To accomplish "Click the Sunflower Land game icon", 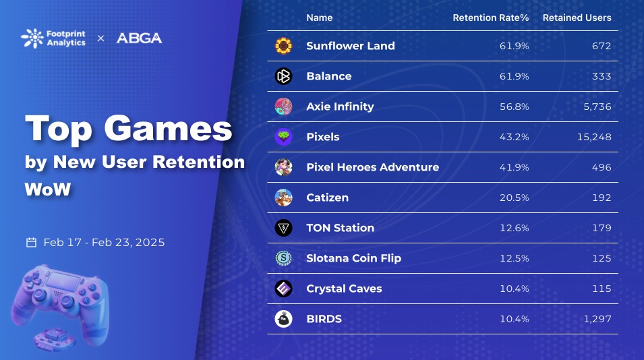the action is click(x=283, y=46).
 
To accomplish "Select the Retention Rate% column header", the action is click(x=491, y=18).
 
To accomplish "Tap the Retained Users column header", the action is click(x=577, y=18).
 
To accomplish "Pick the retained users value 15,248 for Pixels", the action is click(x=594, y=137).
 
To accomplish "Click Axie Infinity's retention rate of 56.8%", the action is click(x=515, y=107).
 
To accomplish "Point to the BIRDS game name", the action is click(x=324, y=319).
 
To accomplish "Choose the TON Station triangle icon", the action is click(x=283, y=228).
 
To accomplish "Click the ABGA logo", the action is click(x=139, y=38).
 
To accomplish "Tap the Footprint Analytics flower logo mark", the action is click(x=32, y=38).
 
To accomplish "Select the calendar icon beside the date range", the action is click(x=31, y=243).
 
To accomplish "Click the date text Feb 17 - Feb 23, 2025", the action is click(x=104, y=243).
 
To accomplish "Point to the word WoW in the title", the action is click(x=48, y=189).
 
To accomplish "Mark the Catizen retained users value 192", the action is click(x=602, y=198).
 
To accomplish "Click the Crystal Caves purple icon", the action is click(x=283, y=289).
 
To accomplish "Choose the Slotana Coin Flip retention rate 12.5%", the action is click(x=515, y=258).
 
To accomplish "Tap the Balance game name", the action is click(x=329, y=76).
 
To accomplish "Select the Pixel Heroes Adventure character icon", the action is click(x=283, y=167).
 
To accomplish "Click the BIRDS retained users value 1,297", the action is click(x=597, y=319).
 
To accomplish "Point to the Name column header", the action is click(x=320, y=18).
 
